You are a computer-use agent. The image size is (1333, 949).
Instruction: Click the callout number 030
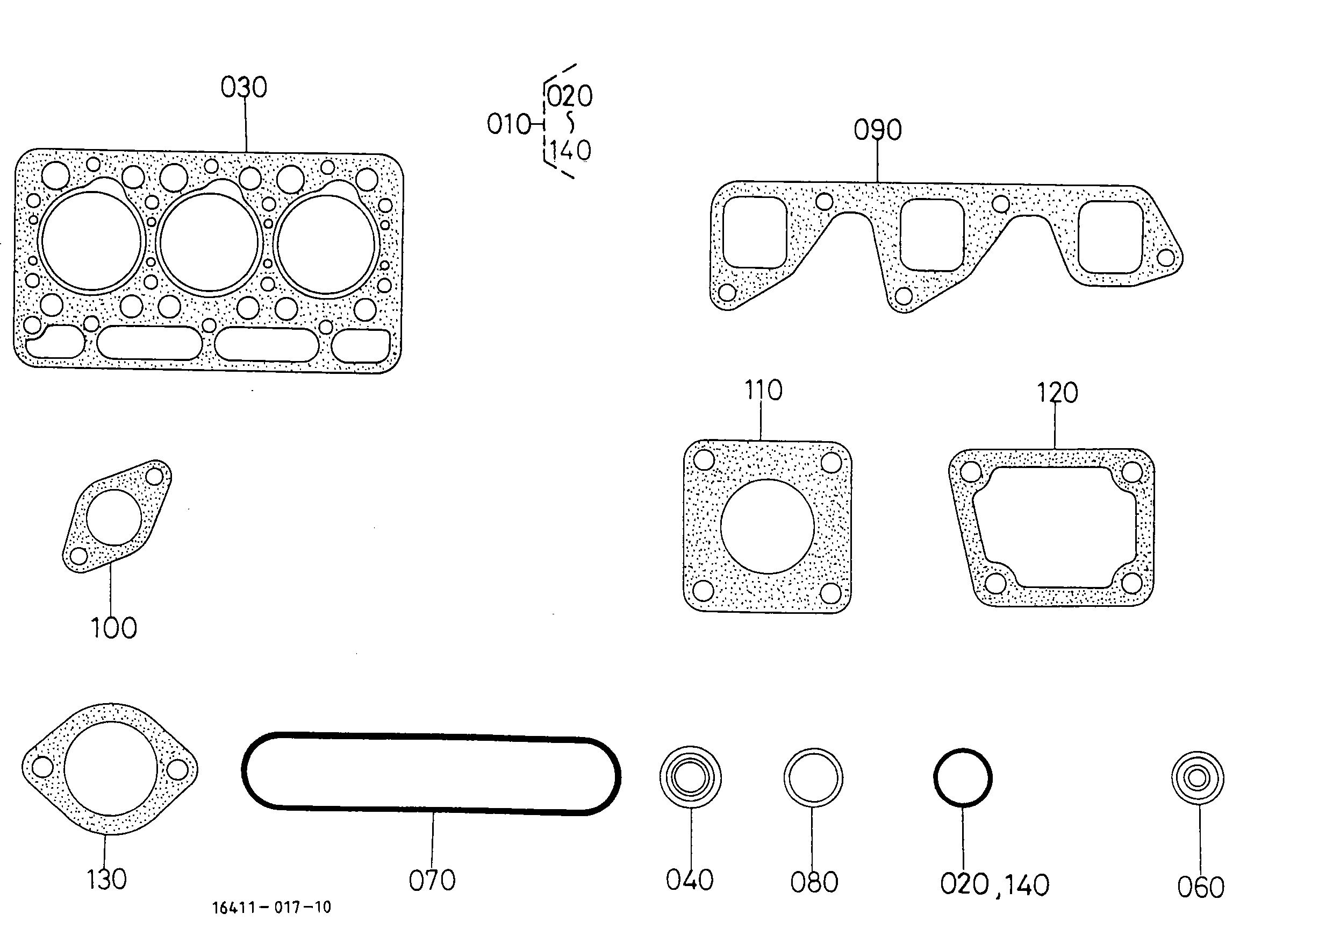[243, 88]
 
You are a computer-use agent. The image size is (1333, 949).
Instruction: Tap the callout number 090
[878, 130]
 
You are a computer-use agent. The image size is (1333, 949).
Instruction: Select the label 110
[763, 389]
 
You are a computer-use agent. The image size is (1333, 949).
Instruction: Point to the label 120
[1057, 393]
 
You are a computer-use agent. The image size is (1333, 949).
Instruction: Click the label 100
[114, 628]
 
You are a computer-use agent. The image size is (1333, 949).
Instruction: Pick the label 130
[106, 880]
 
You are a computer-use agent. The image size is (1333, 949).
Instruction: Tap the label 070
[432, 881]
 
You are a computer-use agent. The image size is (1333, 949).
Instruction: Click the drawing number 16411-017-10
[271, 908]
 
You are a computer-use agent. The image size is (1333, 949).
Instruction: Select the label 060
[1200, 888]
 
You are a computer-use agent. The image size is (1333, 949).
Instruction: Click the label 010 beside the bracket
[508, 124]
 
